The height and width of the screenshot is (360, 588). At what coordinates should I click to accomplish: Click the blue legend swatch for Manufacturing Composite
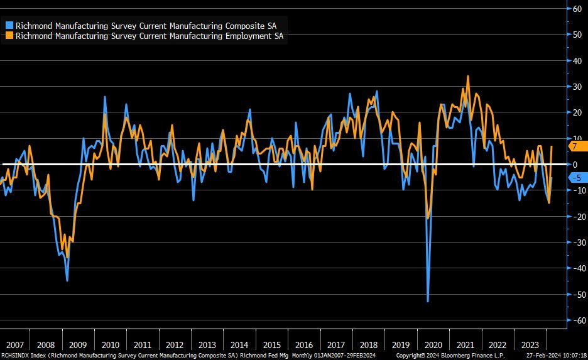point(9,26)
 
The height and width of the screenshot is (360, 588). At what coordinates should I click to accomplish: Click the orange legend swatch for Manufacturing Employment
point(9,36)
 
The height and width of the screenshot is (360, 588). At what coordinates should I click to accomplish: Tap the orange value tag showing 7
point(574,146)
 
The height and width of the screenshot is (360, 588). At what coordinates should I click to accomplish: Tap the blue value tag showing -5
point(574,178)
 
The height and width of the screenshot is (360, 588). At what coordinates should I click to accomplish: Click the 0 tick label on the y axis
point(574,164)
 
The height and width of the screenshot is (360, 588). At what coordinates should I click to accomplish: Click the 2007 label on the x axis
point(15,345)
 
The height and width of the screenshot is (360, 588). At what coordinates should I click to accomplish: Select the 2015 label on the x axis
point(271,345)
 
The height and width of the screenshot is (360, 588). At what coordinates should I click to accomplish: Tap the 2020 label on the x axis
point(433,345)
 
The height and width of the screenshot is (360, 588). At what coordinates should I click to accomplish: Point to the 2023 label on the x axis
point(530,345)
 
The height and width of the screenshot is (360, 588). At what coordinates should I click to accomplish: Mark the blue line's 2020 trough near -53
point(428,302)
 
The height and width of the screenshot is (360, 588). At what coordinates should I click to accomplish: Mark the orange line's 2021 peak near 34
point(468,76)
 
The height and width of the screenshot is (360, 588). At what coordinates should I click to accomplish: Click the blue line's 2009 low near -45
point(67,280)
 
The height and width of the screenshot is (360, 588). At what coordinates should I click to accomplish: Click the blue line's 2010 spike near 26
point(104,97)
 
